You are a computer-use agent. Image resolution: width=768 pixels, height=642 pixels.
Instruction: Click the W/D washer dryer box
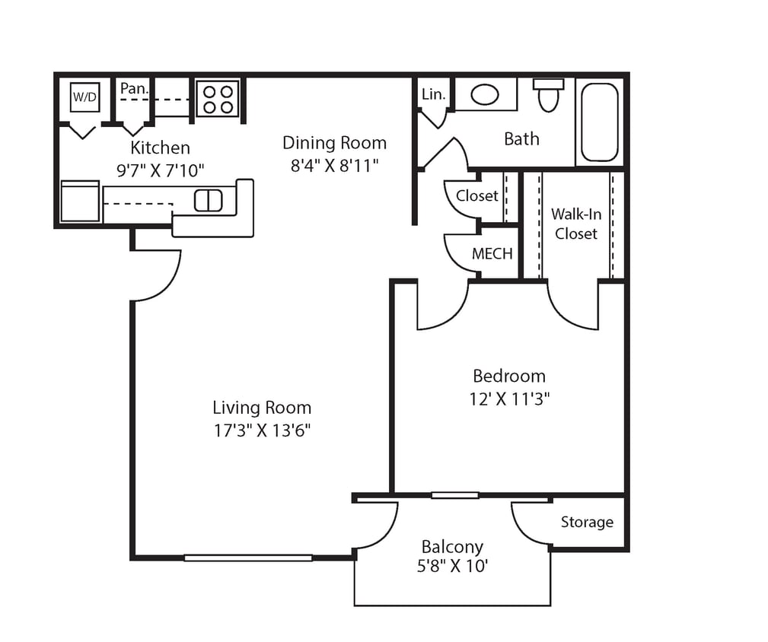84,97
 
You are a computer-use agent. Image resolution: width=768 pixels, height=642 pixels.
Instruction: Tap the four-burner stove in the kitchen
218,98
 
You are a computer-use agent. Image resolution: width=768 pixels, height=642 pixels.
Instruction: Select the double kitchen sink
208,200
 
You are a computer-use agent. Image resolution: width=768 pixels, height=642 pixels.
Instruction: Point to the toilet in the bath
548,94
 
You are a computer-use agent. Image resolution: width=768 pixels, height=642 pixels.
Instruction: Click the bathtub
600,122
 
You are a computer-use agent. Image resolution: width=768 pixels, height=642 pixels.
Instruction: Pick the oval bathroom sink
485,94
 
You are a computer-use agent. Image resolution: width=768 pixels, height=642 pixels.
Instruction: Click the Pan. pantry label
134,88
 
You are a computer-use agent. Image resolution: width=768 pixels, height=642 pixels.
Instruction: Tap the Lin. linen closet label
433,94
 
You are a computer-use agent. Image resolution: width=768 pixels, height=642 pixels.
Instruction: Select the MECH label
492,254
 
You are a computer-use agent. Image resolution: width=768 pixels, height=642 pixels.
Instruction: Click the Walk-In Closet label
576,224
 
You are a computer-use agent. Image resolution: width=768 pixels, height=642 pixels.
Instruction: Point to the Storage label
587,522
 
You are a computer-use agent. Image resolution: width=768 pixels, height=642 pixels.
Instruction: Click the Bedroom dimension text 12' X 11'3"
509,399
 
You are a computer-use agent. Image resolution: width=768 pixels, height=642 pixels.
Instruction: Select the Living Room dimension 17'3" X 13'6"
262,431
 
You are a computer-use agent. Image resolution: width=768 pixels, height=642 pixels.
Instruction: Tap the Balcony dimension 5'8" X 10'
452,567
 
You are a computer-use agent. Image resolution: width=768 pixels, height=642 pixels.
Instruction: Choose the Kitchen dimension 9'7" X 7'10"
160,169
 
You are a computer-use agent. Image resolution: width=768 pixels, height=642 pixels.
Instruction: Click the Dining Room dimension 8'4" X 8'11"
334,165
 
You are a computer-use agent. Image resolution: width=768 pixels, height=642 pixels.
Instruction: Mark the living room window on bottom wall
248,558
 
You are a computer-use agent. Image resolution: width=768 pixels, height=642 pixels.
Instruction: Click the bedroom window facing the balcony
454,495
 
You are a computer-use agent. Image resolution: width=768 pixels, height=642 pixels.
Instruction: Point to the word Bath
521,139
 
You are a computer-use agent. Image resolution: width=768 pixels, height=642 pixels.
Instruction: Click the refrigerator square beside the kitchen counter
80,202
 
